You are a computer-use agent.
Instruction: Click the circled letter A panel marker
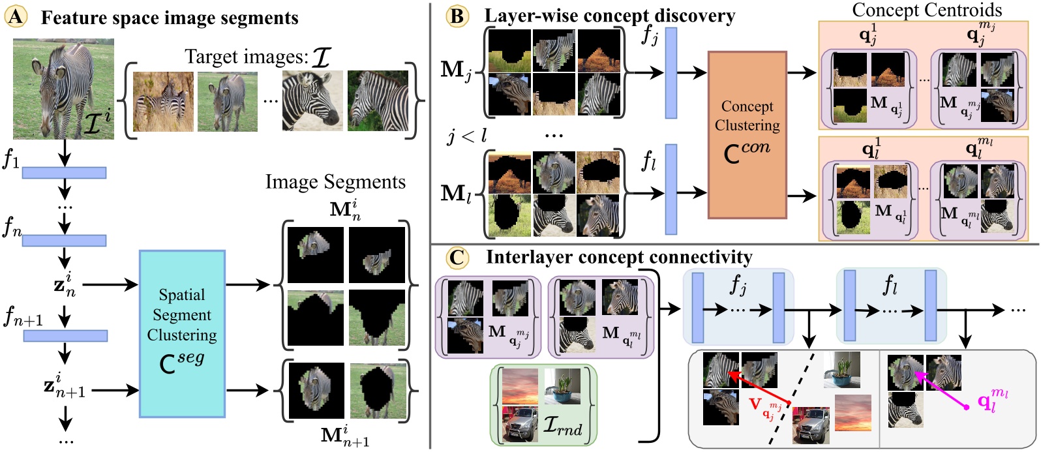coord(16,16)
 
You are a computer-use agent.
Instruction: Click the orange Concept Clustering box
coord(747,134)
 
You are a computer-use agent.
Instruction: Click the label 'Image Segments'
coord(335,182)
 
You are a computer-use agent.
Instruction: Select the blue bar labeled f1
coord(64,172)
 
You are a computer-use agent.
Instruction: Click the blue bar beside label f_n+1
coord(65,336)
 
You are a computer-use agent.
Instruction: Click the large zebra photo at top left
coord(63,89)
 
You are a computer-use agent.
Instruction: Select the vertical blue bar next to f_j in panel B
coord(671,73)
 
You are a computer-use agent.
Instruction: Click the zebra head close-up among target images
coord(311,102)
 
